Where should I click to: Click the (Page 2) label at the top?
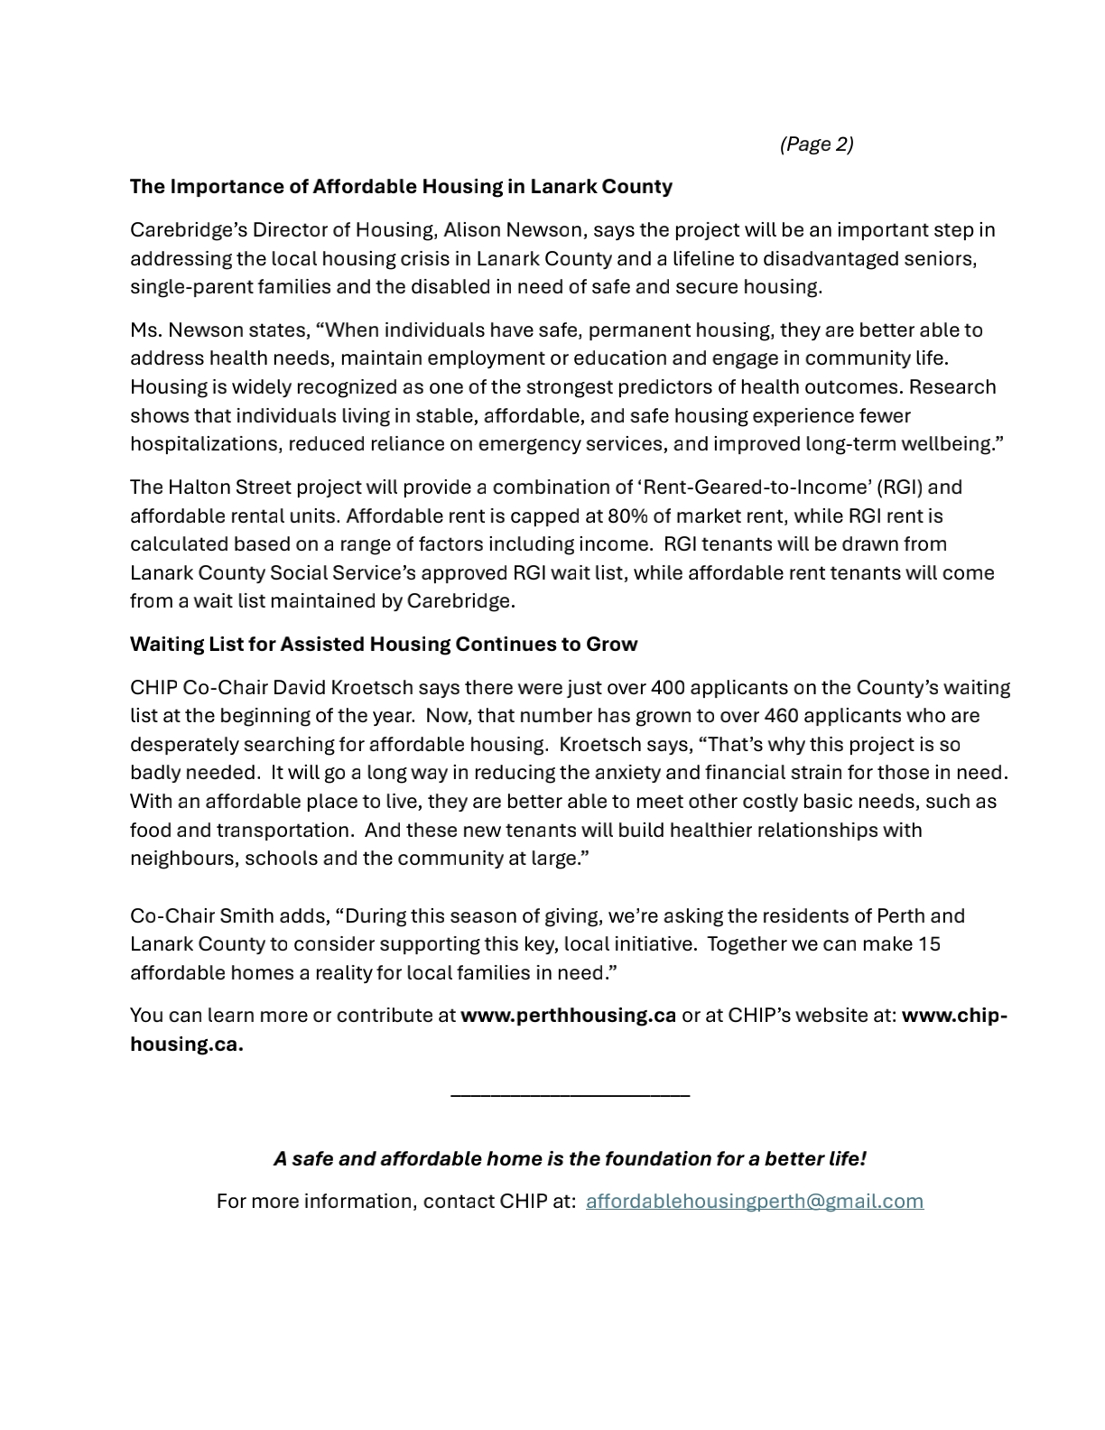click(x=816, y=144)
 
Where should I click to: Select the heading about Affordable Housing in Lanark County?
click(x=401, y=187)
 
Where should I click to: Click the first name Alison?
click(x=472, y=230)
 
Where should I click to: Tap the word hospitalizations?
click(x=205, y=444)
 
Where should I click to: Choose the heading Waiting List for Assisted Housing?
click(x=384, y=645)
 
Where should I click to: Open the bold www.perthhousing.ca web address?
click(x=568, y=1016)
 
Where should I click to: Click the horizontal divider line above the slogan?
click(x=570, y=1095)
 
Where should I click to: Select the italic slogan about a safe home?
click(x=570, y=1159)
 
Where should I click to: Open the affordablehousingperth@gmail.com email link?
click(x=755, y=1202)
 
